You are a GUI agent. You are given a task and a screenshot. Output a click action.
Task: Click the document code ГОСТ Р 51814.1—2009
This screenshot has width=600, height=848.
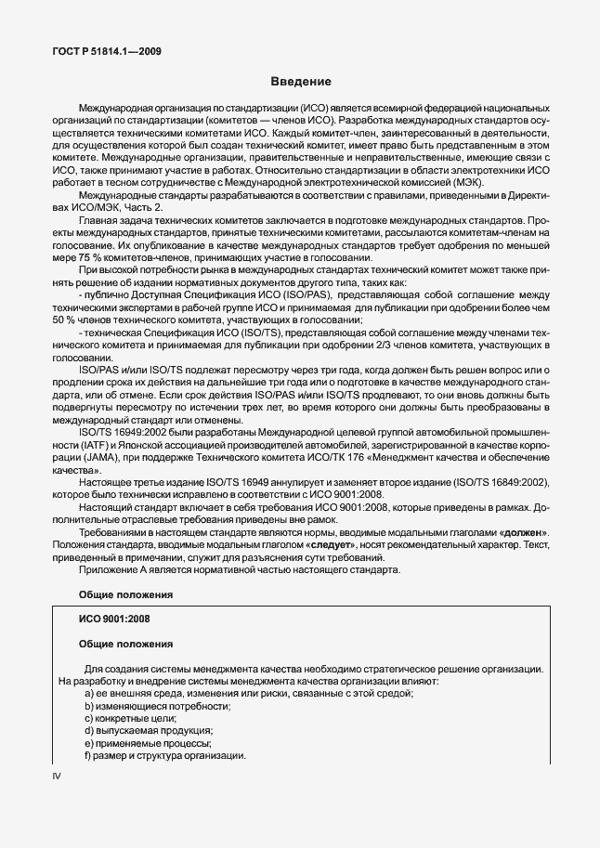point(108,51)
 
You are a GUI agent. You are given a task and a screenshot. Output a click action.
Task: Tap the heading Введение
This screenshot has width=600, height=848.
point(300,81)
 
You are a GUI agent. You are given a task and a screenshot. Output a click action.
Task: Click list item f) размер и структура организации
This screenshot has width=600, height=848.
point(164,756)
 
